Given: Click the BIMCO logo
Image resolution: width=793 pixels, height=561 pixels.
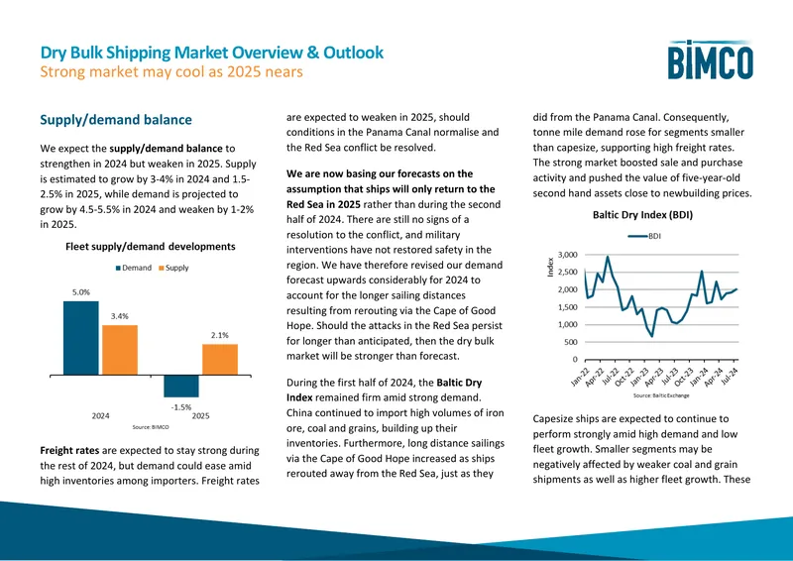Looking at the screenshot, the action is pos(710,59).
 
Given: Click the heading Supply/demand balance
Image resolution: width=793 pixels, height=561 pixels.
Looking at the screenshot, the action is pos(116,120).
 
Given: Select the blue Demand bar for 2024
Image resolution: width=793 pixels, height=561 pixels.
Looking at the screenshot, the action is pos(81,338).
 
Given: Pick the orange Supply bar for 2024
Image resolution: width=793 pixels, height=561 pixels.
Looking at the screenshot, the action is pos(120,350).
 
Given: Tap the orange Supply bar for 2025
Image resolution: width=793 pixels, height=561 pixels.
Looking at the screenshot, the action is pos(220,360).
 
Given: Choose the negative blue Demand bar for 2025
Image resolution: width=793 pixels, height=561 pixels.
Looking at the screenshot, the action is pos(181,386).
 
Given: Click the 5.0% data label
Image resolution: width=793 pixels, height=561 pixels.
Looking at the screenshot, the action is pos(81,292).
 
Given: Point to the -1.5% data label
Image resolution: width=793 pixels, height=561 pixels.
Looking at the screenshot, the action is pos(181,406).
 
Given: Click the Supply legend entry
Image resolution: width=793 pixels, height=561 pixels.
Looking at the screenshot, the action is pos(173,268).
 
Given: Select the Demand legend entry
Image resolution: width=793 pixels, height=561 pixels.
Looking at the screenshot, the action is pos(134,268).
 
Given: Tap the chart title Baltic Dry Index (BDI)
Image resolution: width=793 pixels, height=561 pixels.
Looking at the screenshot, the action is pos(642,215).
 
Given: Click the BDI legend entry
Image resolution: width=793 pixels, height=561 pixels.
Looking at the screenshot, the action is pos(644,236).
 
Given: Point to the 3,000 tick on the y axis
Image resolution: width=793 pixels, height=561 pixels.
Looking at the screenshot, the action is pos(567,255).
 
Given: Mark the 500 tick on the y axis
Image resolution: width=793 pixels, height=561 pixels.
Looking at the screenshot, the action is pos(571,342).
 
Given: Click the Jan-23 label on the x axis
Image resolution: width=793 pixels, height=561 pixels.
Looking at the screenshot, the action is pos(638,378).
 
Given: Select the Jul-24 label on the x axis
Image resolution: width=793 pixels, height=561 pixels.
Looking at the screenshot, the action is pos(729,377).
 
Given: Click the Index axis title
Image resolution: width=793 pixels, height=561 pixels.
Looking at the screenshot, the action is pos(551,267).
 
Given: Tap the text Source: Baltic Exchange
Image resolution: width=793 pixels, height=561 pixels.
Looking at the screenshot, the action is pos(661,395).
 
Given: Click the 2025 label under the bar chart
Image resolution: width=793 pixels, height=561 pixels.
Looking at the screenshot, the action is pos(201,416).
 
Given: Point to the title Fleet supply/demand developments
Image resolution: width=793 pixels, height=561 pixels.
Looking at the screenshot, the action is pos(151,247).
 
